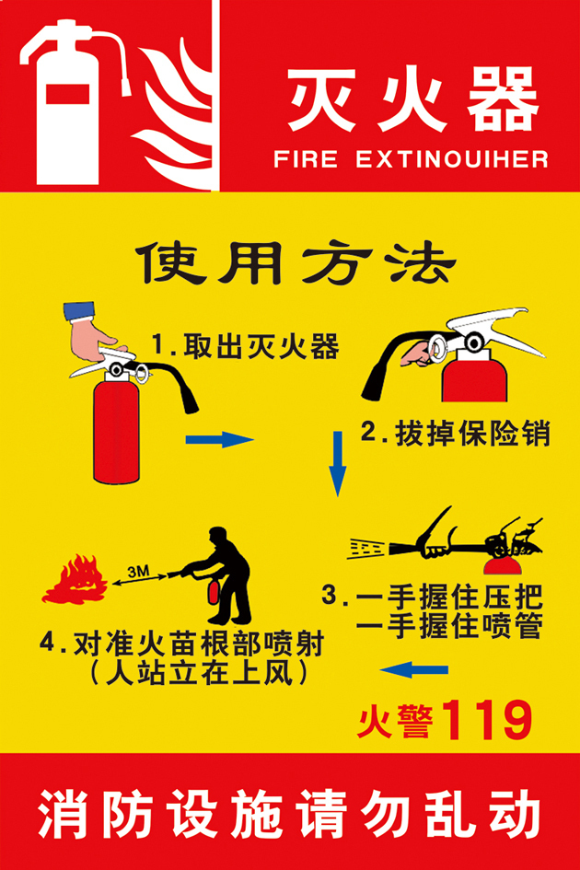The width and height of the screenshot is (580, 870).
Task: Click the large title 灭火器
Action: [x=412, y=99]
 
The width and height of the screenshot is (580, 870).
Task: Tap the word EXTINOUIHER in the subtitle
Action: [x=451, y=159]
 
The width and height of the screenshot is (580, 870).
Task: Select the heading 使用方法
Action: [x=295, y=263]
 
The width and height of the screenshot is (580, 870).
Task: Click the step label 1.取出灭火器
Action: [x=245, y=347]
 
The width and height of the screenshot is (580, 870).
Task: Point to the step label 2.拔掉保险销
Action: [x=455, y=433]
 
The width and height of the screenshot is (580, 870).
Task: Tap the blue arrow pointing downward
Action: [x=338, y=465]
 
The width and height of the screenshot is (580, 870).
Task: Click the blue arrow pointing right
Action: [x=219, y=439]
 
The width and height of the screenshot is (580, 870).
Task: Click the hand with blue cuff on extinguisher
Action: [x=92, y=333]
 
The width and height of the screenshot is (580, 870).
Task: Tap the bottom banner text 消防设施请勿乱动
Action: [x=289, y=816]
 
